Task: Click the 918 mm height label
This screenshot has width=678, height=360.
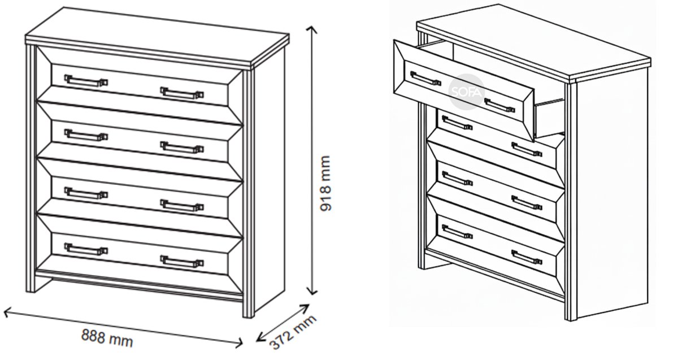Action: pyautogui.click(x=325, y=184)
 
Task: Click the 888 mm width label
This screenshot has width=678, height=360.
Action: pyautogui.click(x=107, y=339)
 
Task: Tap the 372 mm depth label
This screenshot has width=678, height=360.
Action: pyautogui.click(x=293, y=332)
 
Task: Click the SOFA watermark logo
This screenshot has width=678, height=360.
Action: pyautogui.click(x=467, y=91)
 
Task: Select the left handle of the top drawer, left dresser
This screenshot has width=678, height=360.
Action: pyautogui.click(x=86, y=81)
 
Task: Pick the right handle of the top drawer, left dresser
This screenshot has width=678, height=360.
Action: pyautogui.click(x=182, y=93)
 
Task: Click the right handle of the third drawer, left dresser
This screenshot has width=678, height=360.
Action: pyautogui.click(x=182, y=206)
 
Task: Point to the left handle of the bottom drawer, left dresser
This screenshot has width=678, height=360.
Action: pyautogui.click(x=86, y=249)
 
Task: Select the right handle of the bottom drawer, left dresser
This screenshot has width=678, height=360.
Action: pyautogui.click(x=182, y=262)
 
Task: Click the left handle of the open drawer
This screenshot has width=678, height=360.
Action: pyautogui.click(x=425, y=79)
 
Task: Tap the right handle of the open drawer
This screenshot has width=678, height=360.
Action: pyautogui.click(x=499, y=105)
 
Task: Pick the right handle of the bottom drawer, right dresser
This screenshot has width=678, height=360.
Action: pyautogui.click(x=527, y=258)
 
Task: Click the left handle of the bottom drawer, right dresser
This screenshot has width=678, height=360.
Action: pyautogui.click(x=457, y=232)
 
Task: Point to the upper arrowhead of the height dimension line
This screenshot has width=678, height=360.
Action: pyautogui.click(x=312, y=30)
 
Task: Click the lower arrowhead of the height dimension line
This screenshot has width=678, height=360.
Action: pyautogui.click(x=312, y=291)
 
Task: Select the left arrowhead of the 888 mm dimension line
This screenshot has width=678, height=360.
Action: pyautogui.click(x=7, y=312)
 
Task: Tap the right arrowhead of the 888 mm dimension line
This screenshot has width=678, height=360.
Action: pyautogui.click(x=239, y=342)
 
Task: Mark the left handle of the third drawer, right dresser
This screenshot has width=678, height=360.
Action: pyautogui.click(x=457, y=179)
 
